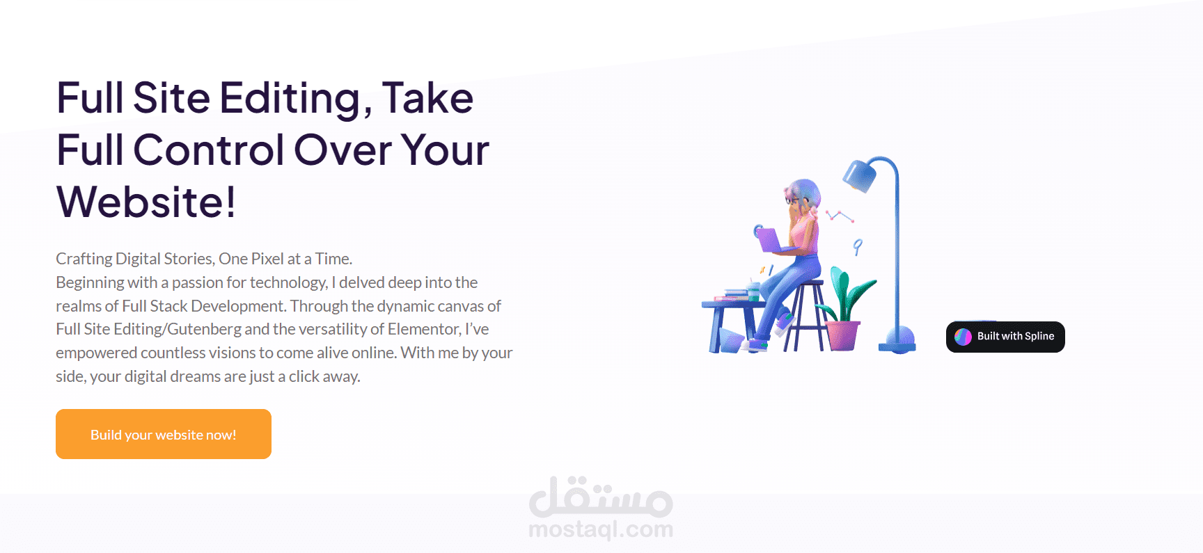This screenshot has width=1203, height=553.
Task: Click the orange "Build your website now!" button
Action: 164,434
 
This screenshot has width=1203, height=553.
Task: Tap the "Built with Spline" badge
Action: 1005,337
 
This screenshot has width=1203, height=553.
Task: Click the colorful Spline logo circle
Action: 963,337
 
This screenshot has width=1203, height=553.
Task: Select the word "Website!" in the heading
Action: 146,202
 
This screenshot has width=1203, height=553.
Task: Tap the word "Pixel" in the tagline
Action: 267,259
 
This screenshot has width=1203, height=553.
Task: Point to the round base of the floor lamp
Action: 897,340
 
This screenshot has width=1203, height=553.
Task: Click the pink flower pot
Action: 842,335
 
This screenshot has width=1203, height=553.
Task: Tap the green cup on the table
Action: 753,290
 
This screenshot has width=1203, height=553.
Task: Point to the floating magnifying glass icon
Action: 858,246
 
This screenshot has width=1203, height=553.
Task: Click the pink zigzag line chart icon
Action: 840,216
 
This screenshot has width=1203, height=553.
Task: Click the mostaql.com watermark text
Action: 601,530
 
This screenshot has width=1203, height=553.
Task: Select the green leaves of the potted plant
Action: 846,296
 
